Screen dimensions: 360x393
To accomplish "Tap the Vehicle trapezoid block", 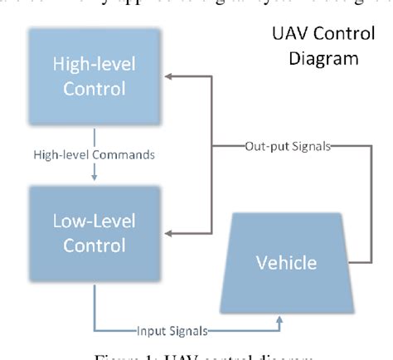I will [284, 263].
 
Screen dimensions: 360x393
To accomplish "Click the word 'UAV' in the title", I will [290, 36].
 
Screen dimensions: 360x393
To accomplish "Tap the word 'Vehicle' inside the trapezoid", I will [284, 263].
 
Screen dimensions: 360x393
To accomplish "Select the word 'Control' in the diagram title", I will [340, 36].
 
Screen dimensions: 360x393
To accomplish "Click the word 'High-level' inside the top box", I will [93, 66].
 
